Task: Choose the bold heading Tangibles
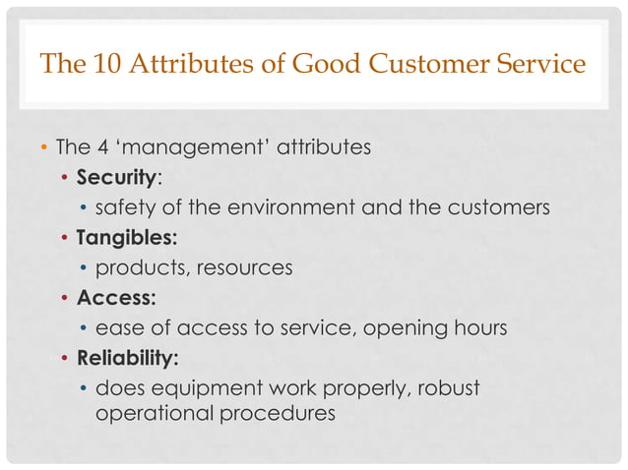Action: tap(122, 238)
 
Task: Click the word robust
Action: tap(448, 387)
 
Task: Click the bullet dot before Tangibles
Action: tap(65, 239)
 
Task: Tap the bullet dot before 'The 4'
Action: tap(43, 149)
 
